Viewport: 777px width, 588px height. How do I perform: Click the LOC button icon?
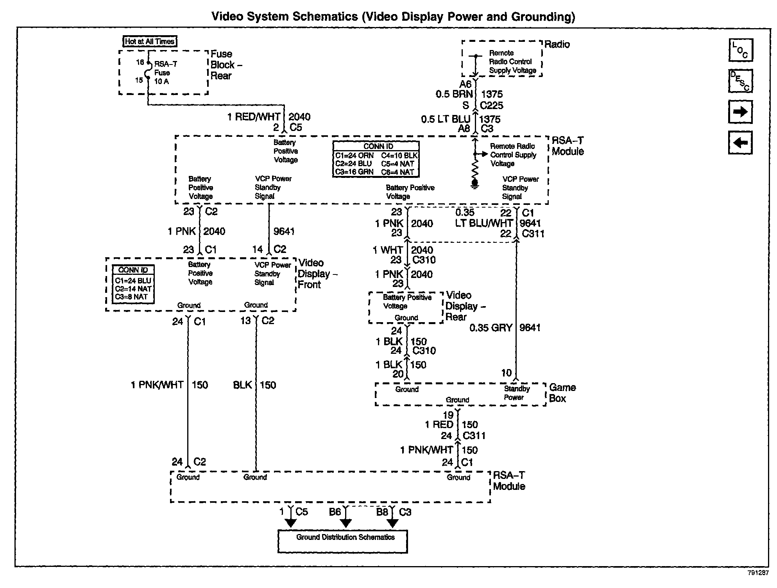(741, 50)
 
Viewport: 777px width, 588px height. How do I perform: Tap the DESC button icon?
(741, 81)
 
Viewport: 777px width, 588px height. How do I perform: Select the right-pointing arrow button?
(741, 112)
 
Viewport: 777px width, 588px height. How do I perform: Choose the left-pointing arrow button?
(741, 142)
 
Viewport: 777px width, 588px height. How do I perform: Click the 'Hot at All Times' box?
(150, 41)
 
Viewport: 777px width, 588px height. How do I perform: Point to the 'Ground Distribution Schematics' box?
(342, 541)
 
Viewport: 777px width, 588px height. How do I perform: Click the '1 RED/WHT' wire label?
(254, 117)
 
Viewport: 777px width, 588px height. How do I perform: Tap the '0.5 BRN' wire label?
(454, 94)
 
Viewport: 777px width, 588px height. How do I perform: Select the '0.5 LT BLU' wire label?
(446, 119)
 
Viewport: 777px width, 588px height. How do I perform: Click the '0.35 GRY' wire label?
(491, 328)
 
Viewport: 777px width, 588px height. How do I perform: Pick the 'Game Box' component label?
(562, 393)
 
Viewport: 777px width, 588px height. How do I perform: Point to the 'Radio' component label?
(557, 45)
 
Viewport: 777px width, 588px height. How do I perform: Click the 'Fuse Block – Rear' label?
(226, 65)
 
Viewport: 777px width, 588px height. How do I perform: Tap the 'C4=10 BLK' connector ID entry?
(399, 156)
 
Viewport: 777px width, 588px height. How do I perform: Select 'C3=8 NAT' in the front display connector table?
(132, 297)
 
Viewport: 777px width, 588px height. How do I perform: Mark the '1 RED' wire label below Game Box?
(439, 425)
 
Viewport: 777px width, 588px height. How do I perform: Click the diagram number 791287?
(758, 573)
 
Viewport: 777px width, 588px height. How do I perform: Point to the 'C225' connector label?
(492, 106)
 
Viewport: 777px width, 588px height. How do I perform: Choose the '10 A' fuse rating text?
(161, 81)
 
